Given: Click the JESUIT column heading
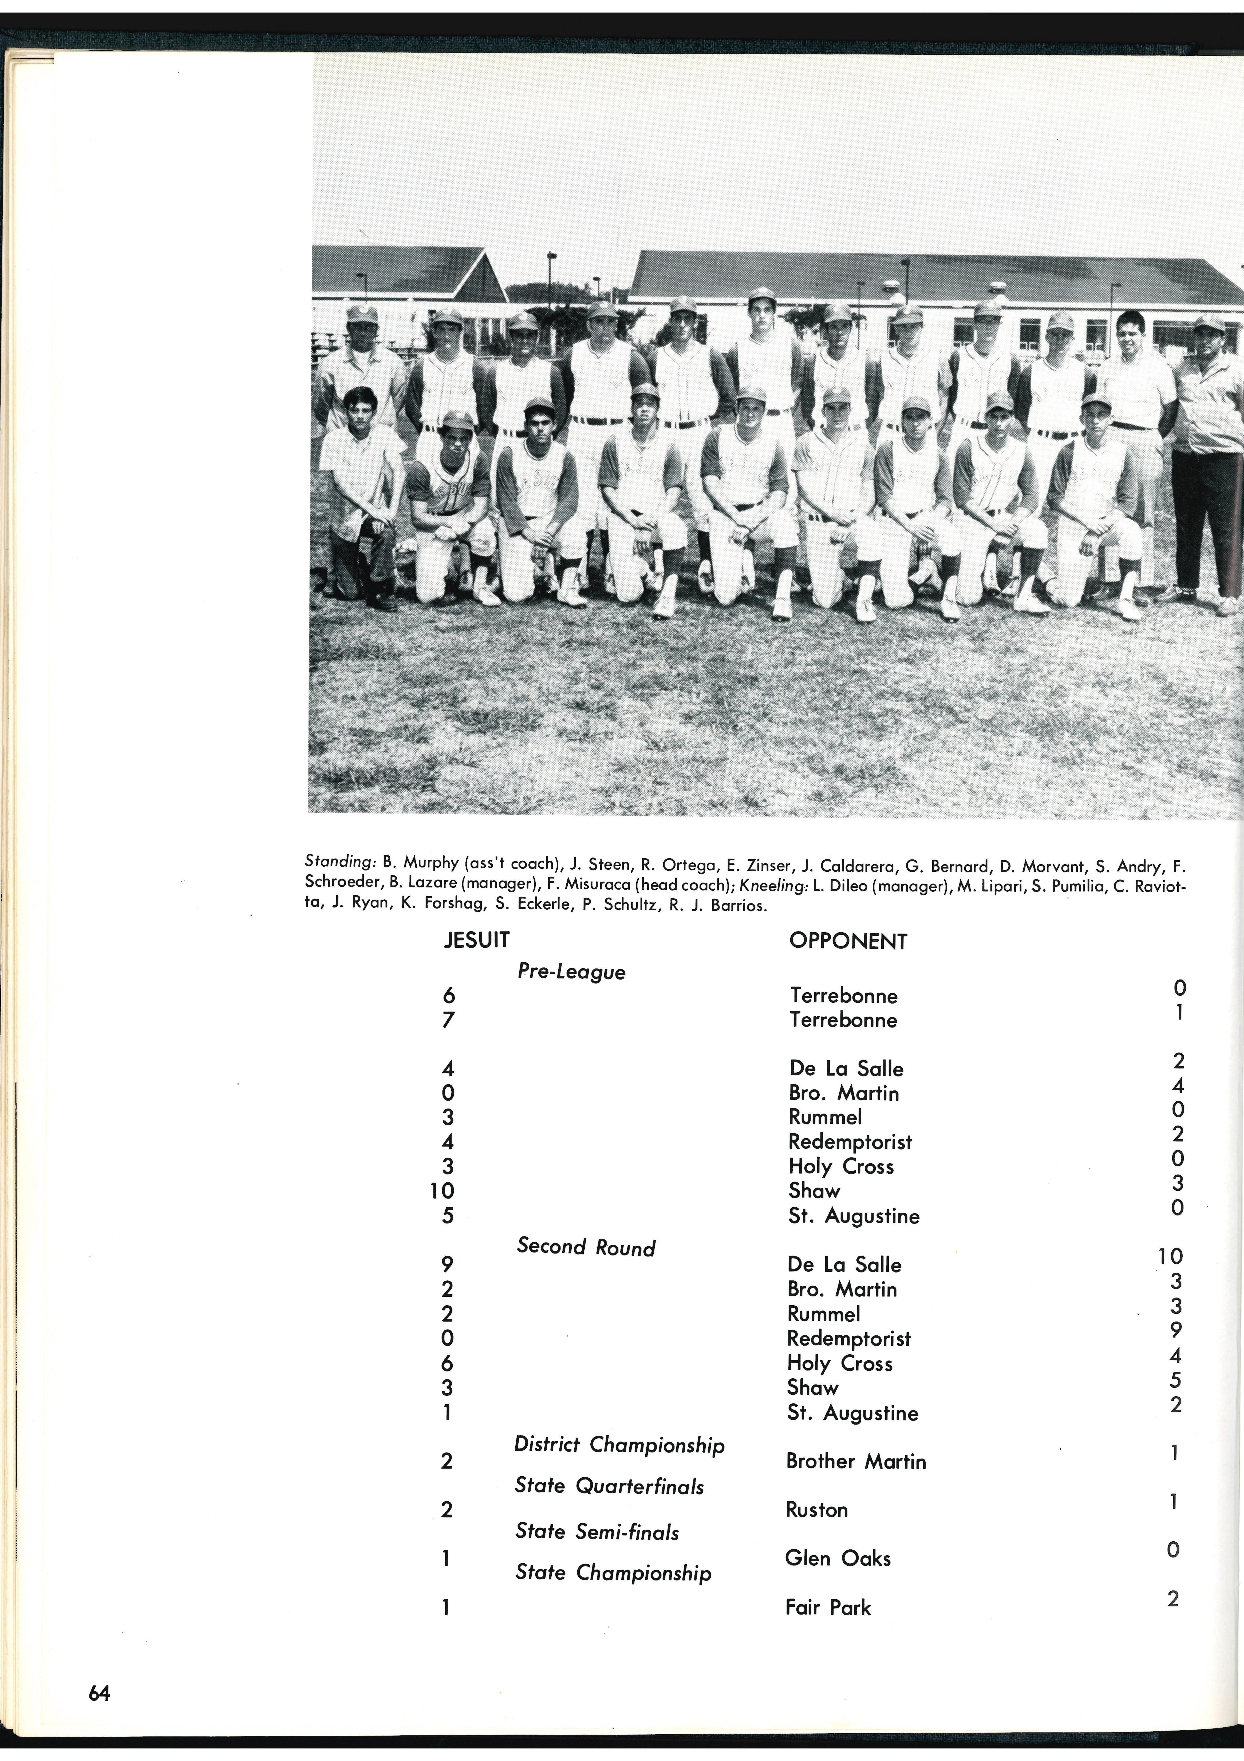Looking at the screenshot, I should (477, 940).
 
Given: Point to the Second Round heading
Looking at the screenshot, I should (586, 1247).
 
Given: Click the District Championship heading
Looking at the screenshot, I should (619, 1445).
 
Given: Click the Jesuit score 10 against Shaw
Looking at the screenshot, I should (442, 1190).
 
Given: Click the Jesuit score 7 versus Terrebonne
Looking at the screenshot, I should (448, 1020).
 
